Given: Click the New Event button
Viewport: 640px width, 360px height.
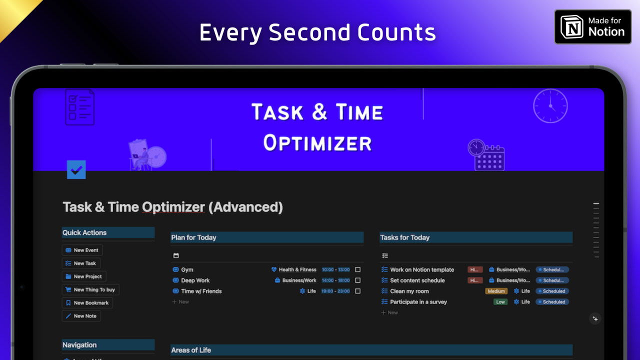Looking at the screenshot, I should (82, 250).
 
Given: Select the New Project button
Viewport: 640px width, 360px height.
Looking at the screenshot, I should (84, 276).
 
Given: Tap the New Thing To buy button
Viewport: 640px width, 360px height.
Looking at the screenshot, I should (90, 289).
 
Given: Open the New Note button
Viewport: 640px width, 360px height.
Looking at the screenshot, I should (81, 316).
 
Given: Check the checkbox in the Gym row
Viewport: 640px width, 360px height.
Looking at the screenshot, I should (358, 269).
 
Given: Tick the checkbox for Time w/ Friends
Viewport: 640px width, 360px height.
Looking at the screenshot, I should (358, 291).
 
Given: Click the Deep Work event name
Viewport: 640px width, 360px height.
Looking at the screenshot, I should (195, 280).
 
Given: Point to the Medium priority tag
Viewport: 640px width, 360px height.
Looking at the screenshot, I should (496, 291).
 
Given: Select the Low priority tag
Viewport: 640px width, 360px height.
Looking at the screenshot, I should (500, 302).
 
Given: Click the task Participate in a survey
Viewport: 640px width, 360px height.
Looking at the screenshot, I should (418, 302).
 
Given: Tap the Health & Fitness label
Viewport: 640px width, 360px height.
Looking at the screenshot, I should (297, 269).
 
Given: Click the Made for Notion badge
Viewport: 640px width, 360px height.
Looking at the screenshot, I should (592, 26).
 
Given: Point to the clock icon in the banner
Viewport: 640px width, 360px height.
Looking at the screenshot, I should (550, 105).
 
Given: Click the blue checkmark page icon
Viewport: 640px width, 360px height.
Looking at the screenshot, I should (76, 170).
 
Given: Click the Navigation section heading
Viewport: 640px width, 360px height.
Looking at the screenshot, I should (79, 345).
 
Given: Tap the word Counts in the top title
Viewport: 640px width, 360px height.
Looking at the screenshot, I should (396, 33).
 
